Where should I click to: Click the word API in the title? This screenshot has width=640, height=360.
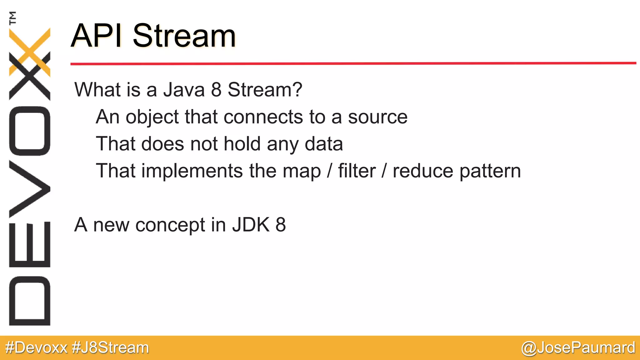pos(97,36)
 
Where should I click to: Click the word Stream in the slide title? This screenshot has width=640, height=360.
pos(184,36)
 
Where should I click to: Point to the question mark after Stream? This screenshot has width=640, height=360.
pos(297,90)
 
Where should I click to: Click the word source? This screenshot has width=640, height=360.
pos(377,117)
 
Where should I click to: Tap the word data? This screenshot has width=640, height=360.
pos(323,144)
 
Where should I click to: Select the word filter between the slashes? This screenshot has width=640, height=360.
pos(357,171)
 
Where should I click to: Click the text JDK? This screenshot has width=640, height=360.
pos(251,225)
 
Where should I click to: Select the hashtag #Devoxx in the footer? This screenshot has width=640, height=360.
pos(37,348)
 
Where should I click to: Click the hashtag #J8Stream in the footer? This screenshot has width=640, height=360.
pos(110,348)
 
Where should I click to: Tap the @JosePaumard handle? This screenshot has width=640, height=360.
pos(578,348)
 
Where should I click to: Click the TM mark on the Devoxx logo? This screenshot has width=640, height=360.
pos(13,18)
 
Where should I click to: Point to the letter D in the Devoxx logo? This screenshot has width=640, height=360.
pos(30,301)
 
